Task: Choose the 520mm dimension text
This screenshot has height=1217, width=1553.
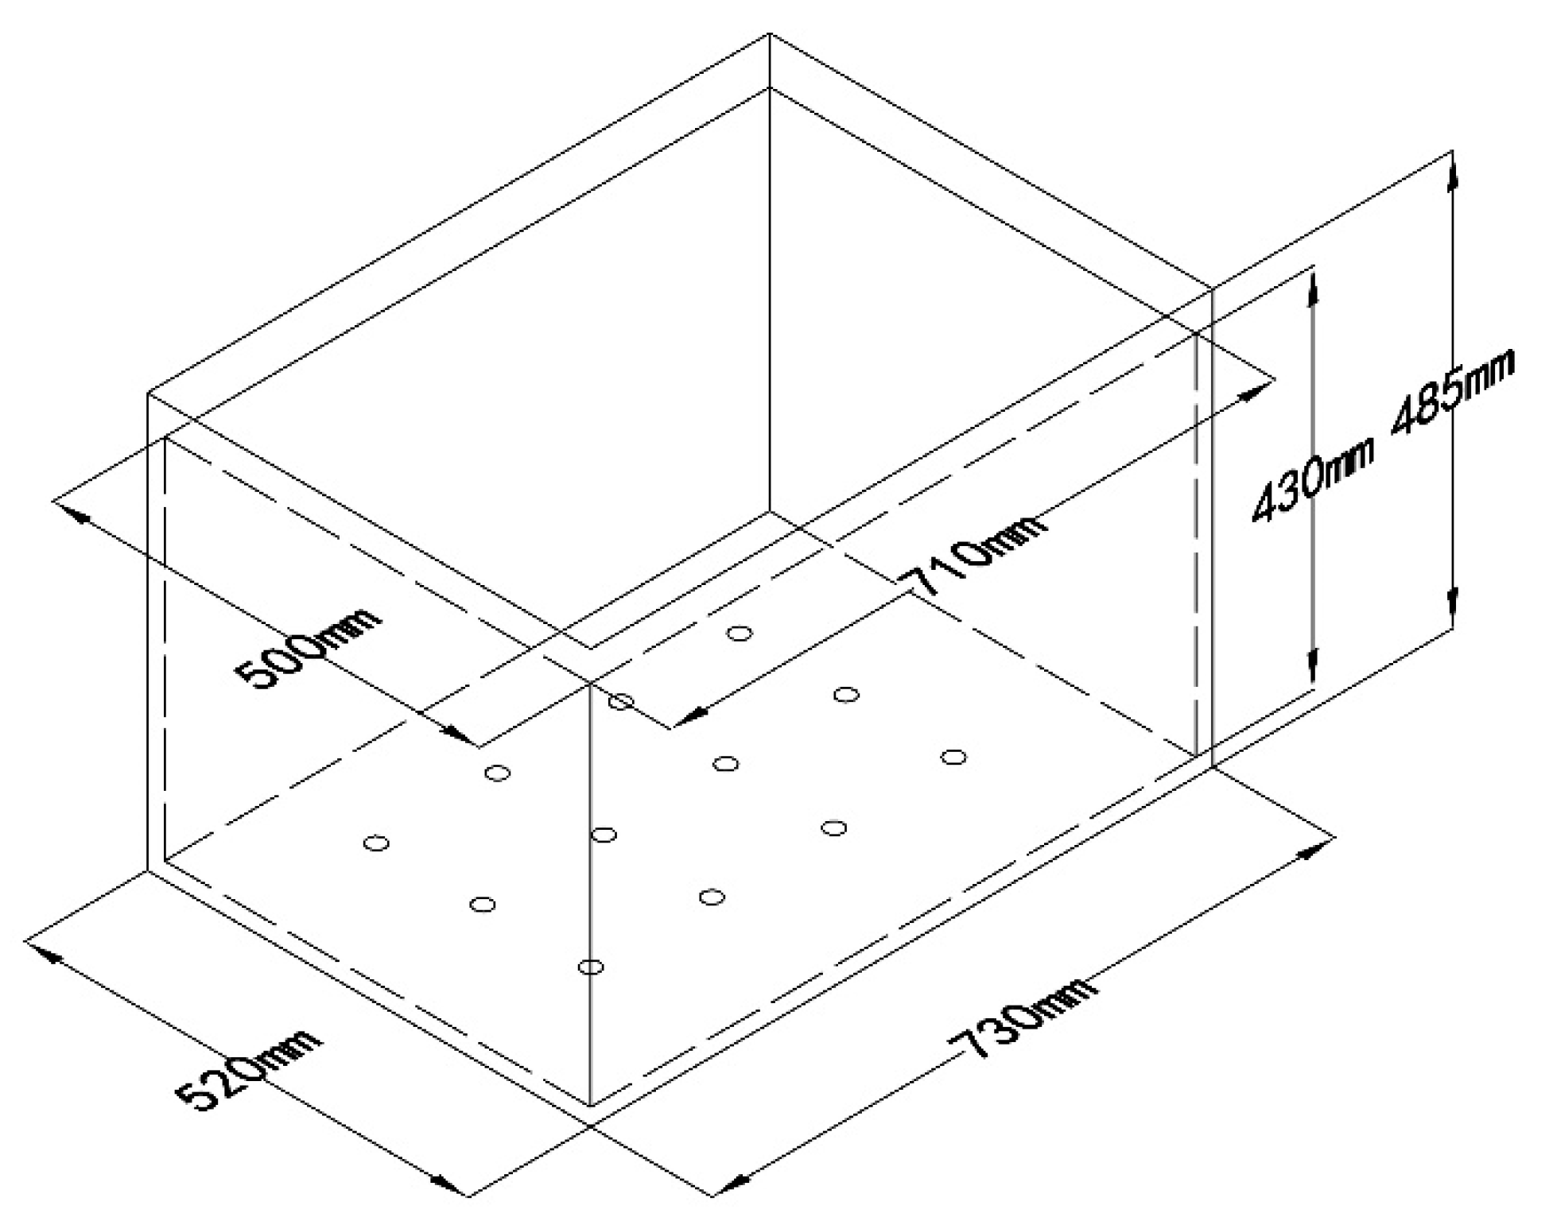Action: [x=248, y=1069]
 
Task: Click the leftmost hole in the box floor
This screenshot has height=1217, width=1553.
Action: [x=376, y=843]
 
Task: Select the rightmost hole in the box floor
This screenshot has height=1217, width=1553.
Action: [x=953, y=757]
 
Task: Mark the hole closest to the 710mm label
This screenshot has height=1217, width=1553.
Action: [x=740, y=634]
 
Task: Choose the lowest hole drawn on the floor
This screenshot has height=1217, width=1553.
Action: [x=591, y=967]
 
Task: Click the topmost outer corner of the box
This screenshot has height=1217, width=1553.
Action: [x=769, y=33]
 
